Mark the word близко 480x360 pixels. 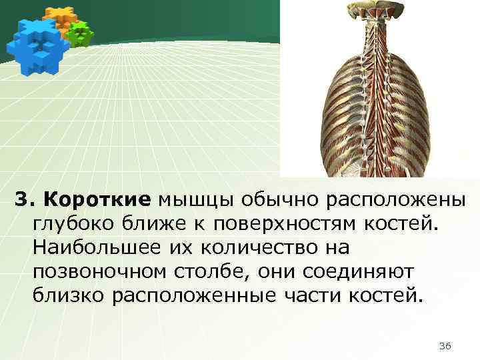[x=65, y=295]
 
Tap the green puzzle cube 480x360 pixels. [x=81, y=33]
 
